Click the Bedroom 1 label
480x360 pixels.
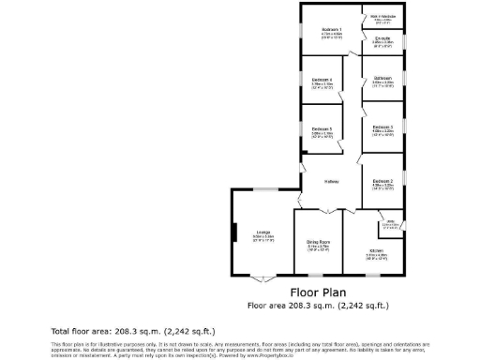click(x=331, y=30)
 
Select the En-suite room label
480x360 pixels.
click(x=382, y=39)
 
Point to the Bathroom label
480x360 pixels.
click(x=382, y=78)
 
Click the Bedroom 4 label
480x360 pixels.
click(x=322, y=80)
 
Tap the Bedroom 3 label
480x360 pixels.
click(x=382, y=127)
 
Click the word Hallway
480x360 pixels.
click(x=332, y=181)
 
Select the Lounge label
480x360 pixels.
click(x=264, y=232)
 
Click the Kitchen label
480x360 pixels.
click(x=376, y=251)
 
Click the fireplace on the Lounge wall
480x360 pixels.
click(x=234, y=232)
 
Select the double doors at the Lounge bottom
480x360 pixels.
click(x=264, y=278)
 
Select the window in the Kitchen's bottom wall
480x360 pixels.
click(x=373, y=275)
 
